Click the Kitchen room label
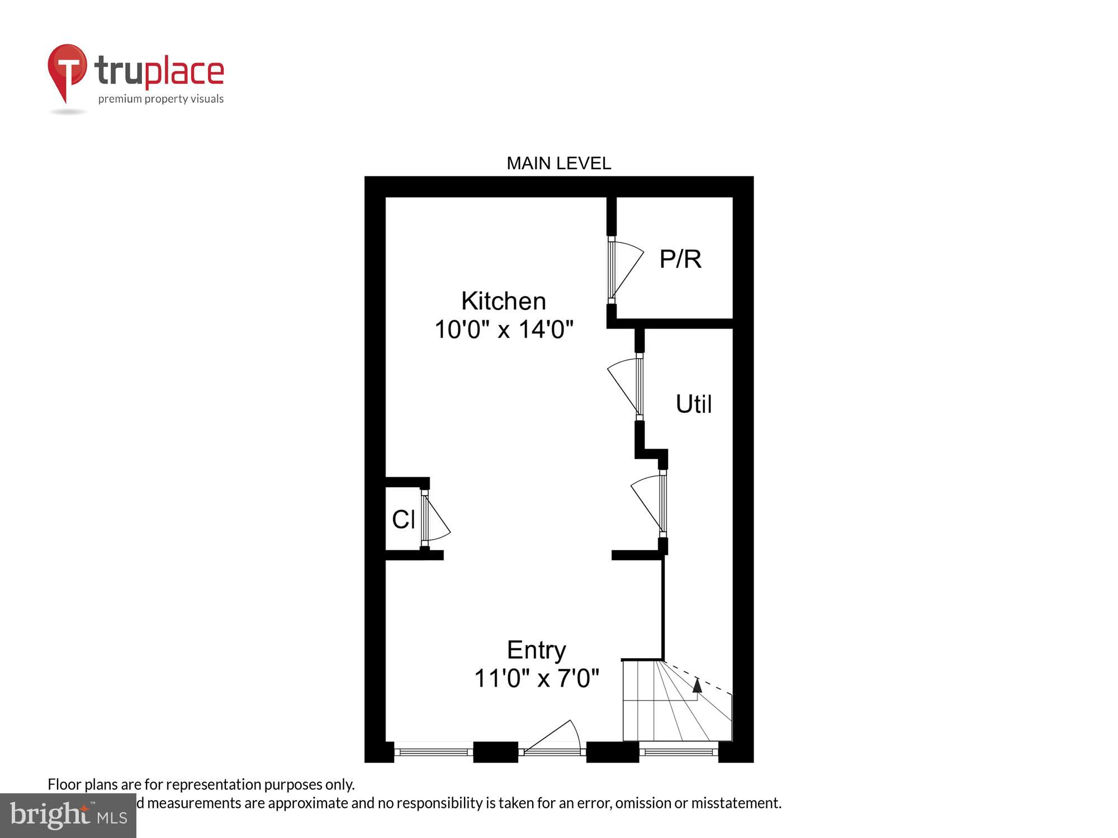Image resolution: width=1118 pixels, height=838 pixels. coord(503,302)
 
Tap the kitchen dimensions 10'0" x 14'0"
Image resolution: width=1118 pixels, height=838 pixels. coord(504,330)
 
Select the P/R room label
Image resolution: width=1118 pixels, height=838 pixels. coord(680,259)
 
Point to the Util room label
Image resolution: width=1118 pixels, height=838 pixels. coord(694,404)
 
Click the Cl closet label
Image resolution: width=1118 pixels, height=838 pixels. coord(403,520)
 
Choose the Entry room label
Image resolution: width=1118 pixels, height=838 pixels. coord(536,650)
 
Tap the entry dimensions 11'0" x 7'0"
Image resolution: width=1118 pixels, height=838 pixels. coord(536,679)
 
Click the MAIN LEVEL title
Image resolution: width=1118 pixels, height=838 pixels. coord(558,163)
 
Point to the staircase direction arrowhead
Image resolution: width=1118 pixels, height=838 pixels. coord(697,685)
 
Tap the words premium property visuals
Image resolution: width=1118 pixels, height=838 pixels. coord(161,99)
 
